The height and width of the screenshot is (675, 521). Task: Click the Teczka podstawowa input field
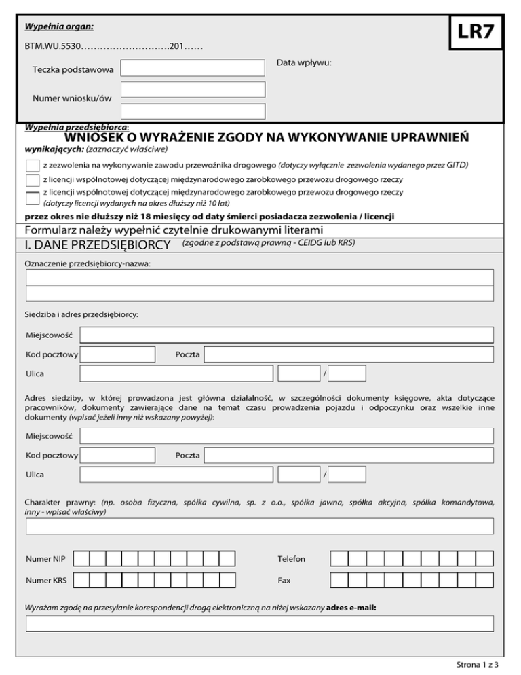[193, 68]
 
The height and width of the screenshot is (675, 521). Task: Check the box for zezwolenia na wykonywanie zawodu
[32, 166]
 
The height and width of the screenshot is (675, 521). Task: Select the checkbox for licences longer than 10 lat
[32, 198]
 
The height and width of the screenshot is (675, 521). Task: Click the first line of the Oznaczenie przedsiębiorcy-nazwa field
[260, 277]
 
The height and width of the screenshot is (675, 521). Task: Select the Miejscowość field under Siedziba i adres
[286, 335]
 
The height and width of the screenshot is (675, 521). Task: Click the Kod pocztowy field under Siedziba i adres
[117, 354]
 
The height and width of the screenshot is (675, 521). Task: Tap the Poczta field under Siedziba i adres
[349, 354]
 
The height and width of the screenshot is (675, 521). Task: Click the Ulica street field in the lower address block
[176, 474]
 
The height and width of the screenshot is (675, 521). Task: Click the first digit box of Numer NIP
[81, 559]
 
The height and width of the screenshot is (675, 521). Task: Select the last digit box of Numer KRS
[228, 581]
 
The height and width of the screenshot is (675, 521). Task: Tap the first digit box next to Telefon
[339, 559]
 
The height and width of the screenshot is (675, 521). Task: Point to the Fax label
[284, 581]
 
